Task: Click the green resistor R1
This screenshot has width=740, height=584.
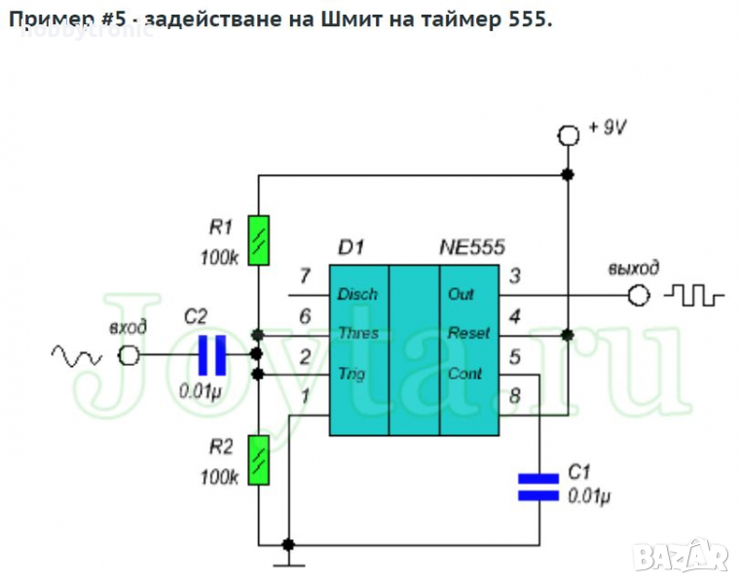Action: coord(258,240)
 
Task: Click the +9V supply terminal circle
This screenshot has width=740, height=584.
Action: coord(568,133)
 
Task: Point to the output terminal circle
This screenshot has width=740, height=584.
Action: coord(639,294)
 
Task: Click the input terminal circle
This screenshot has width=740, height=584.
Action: coord(128,355)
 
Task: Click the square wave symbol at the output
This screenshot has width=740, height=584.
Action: coord(694,293)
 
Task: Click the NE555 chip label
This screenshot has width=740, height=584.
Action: coord(472,247)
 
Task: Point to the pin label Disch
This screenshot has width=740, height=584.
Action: coord(357,294)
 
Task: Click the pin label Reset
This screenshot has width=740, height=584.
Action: coord(468,333)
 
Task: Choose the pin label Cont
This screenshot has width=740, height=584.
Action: coord(465,374)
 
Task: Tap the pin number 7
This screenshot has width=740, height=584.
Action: coord(305,276)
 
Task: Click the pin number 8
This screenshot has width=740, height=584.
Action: coord(514,395)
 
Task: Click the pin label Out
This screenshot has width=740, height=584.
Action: coord(461,294)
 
